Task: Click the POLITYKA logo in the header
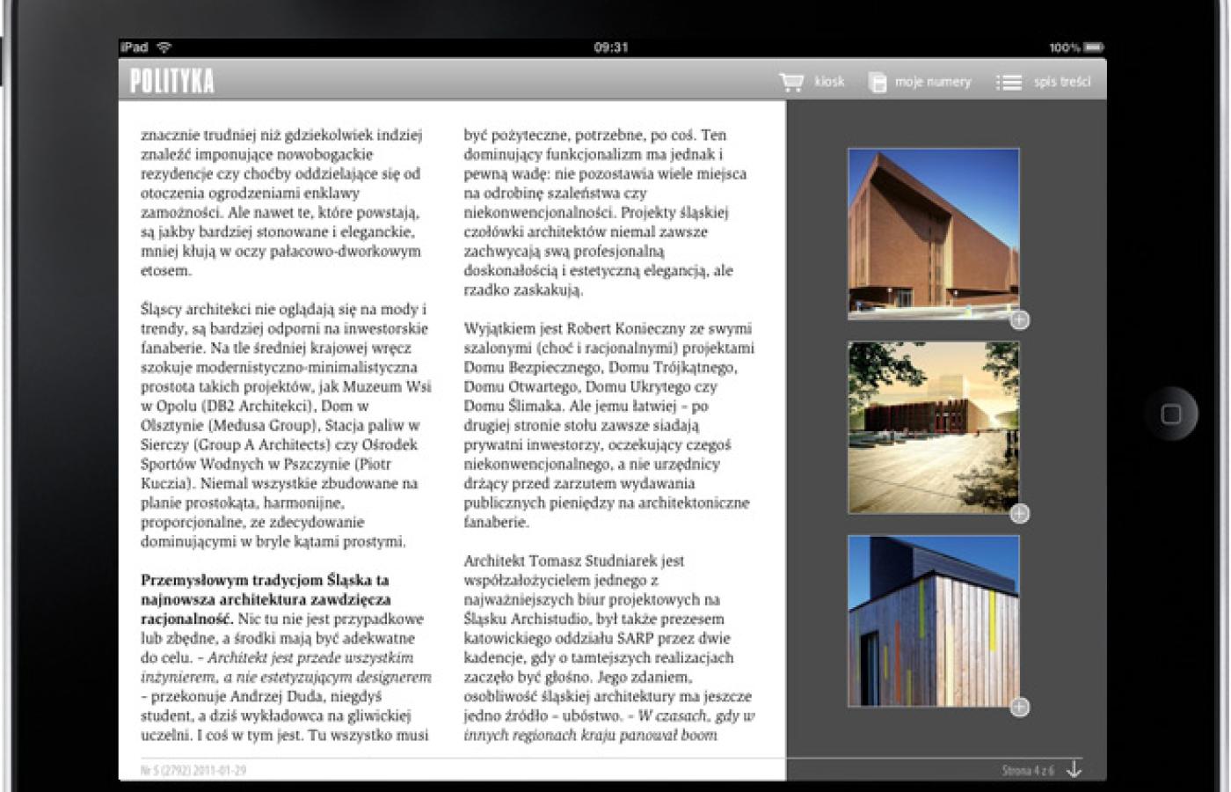pos(171,81)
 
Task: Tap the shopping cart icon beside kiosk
pos(791,82)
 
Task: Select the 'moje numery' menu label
pos(932,82)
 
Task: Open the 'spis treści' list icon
pos(1009,82)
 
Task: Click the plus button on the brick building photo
pos(1019,320)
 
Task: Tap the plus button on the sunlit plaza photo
pos(1019,514)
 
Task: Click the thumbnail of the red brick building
pos(933,233)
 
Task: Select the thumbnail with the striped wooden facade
pos(933,620)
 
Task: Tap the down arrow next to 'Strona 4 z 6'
pos(1074,769)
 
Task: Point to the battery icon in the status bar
pos(1093,48)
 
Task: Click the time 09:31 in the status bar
pos(610,48)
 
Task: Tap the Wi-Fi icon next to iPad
pos(164,48)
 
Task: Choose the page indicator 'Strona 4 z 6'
pos(1027,770)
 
